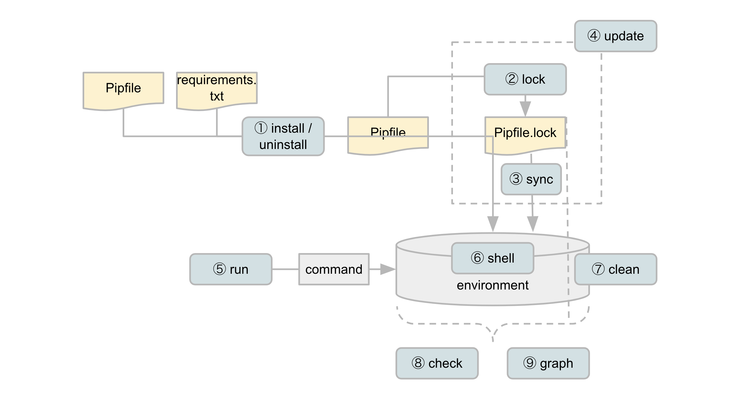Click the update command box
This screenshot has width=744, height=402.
coord(615,36)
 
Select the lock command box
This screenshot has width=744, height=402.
coord(525,79)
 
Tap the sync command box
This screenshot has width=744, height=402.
coord(531,179)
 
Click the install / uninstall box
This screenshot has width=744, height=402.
coord(283,136)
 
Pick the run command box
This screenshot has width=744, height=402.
coord(231,269)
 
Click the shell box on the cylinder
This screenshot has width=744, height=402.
coord(492,258)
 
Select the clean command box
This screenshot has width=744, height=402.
coord(615,269)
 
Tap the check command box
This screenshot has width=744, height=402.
coord(437,363)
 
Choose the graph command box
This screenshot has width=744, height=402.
coord(548,363)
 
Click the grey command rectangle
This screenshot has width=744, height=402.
coord(334,269)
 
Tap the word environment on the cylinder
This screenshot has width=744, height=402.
coord(492,285)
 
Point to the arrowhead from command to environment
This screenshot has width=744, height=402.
coord(387,269)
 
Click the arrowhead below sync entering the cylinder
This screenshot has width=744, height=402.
coord(533,224)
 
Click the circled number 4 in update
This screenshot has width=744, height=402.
coord(594,36)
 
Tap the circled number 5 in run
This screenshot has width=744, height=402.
coord(219,269)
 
